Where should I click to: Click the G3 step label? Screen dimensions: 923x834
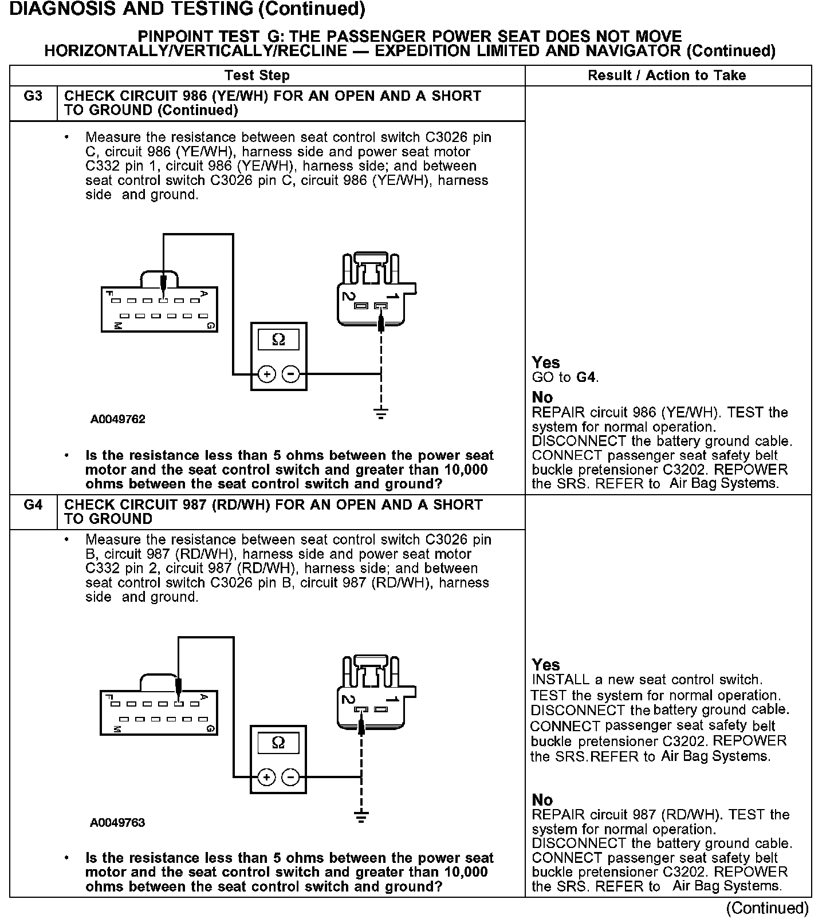33,96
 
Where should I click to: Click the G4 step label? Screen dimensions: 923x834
33,505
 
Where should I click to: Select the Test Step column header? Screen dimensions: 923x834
257,76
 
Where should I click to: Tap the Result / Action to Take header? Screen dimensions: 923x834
667,76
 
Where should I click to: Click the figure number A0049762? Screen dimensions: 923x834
118,419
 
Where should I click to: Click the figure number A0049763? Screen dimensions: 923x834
117,823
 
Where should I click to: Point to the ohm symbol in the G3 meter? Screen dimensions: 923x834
278,340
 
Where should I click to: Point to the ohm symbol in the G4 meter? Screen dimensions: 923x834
278,743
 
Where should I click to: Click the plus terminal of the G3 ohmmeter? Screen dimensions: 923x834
267,374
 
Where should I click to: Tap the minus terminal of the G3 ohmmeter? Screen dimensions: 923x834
291,374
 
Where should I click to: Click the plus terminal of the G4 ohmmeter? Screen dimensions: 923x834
266,778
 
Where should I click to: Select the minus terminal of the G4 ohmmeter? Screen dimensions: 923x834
291,778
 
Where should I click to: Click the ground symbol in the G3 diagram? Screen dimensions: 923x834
381,412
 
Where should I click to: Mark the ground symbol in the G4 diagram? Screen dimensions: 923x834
361,815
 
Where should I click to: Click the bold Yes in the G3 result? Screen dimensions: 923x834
546,362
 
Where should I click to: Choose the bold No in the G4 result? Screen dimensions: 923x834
542,800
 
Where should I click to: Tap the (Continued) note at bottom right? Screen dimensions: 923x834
767,908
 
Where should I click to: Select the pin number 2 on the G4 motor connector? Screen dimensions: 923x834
348,699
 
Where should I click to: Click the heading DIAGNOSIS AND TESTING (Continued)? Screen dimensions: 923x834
187,9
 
